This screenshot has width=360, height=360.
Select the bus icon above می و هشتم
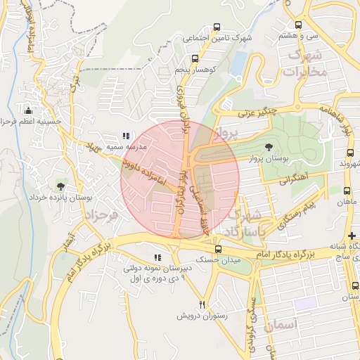pyautogui.click(x=298, y=25)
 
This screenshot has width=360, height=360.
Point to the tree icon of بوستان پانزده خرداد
pyautogui.click(x=61, y=186)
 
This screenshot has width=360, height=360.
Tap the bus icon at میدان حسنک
pyautogui.click(x=217, y=249)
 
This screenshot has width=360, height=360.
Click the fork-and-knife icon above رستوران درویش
pyautogui.click(x=202, y=304)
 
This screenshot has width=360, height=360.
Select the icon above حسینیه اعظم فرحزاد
pyautogui.click(x=28, y=110)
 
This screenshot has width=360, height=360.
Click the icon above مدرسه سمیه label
pyautogui.click(x=126, y=136)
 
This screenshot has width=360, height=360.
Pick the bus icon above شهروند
pyautogui.click(x=350, y=153)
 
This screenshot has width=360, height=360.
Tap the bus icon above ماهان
pyautogui.click(x=347, y=191)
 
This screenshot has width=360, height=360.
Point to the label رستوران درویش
pyautogui.click(x=203, y=316)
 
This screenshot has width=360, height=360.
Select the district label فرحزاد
pyautogui.click(x=103, y=213)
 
